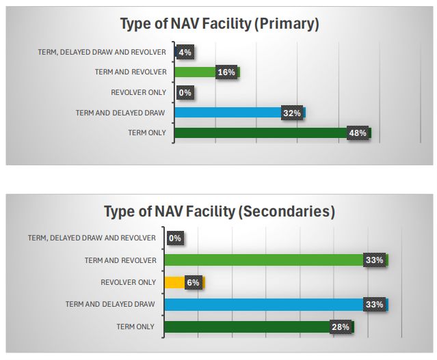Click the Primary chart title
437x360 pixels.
220,24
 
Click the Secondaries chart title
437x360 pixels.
220,212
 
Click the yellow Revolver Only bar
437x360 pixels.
174,282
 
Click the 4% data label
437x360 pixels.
184,52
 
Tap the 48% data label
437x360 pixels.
358,133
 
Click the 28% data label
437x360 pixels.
341,327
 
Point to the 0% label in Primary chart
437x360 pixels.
184,93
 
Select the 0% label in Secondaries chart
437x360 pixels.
174,238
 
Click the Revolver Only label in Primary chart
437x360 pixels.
138,92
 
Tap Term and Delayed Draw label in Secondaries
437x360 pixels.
110,304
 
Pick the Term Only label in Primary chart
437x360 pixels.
146,133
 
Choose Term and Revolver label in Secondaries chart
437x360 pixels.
120,260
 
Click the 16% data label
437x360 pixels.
226,72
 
